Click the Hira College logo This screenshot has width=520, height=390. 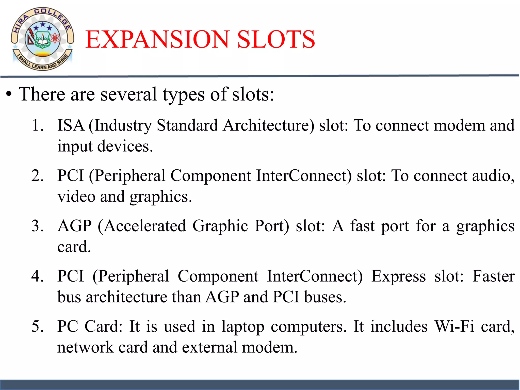coord(42,39)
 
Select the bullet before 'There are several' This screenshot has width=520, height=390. coord(9,95)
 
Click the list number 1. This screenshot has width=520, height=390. coord(37,125)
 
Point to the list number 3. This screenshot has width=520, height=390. coord(37,226)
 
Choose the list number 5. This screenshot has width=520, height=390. coord(37,327)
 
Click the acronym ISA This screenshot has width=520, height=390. coord(71,125)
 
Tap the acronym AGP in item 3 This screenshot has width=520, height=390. coord(74,226)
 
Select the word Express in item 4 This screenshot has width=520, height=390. coord(398,276)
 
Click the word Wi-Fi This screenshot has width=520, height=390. coord(454,327)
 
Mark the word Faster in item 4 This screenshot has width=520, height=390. coord(493,276)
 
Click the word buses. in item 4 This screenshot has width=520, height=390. coord(325,297)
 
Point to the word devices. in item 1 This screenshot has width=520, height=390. coord(125,147)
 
